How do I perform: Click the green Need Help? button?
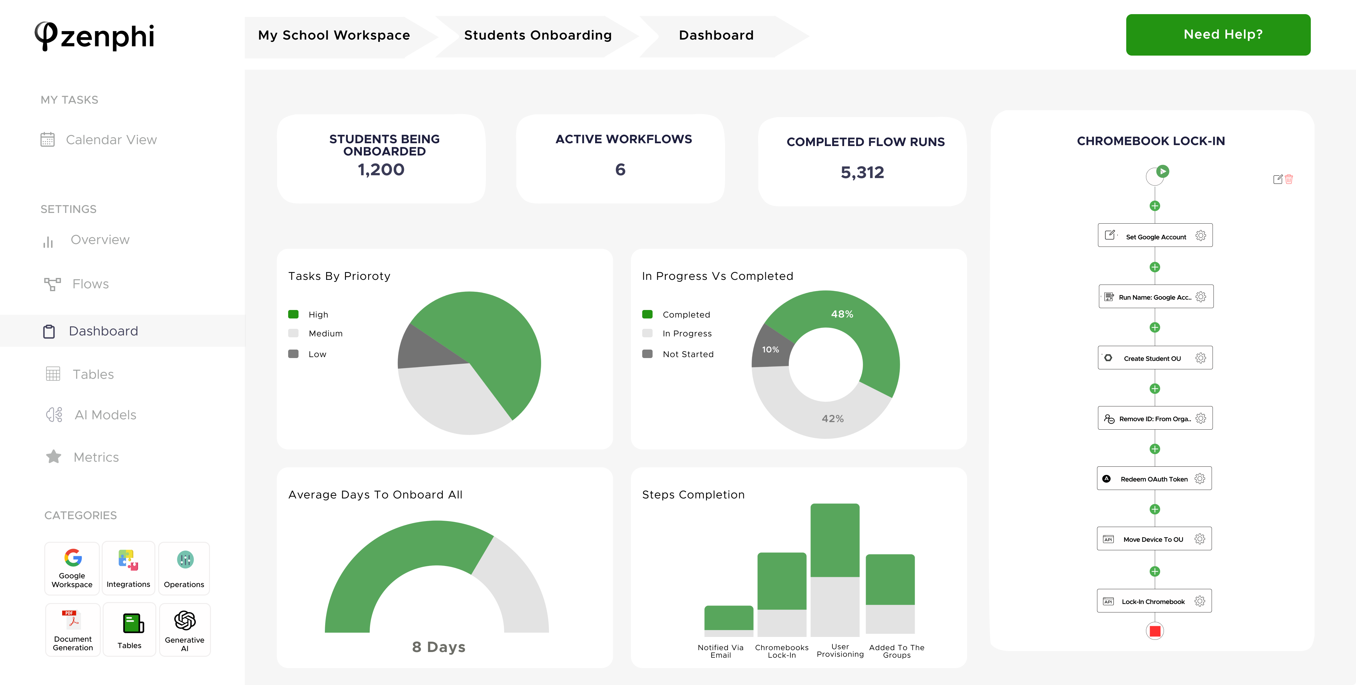click(x=1218, y=35)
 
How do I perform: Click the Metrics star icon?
click(x=54, y=456)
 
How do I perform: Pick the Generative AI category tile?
click(x=184, y=630)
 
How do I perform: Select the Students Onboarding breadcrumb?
click(x=537, y=35)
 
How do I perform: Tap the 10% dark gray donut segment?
click(x=770, y=349)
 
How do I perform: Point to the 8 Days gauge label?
click(x=439, y=647)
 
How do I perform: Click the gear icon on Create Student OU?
click(x=1201, y=358)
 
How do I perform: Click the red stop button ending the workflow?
click(x=1155, y=631)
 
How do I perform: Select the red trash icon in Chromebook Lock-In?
click(x=1289, y=180)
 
